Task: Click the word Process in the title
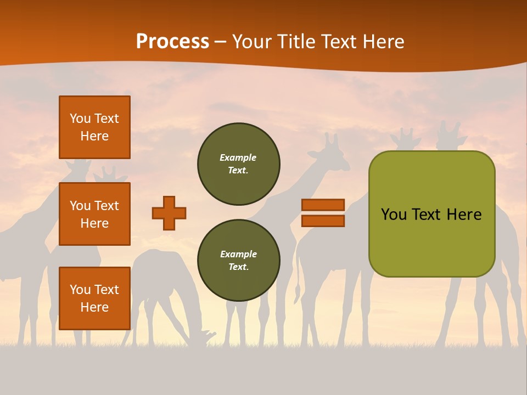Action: click(x=172, y=41)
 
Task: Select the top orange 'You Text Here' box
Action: click(x=94, y=127)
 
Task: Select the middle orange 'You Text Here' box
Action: click(x=94, y=214)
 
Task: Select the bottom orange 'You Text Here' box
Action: click(x=94, y=298)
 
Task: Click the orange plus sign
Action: click(x=169, y=213)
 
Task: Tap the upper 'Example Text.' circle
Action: click(x=238, y=164)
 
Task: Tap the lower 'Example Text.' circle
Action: click(x=238, y=261)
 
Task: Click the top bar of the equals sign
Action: click(x=323, y=205)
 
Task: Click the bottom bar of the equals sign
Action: click(x=323, y=221)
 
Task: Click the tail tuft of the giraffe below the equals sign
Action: click(x=297, y=291)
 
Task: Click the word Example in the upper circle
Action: click(x=238, y=157)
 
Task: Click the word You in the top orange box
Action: click(x=80, y=119)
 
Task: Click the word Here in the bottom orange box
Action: click(x=94, y=307)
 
